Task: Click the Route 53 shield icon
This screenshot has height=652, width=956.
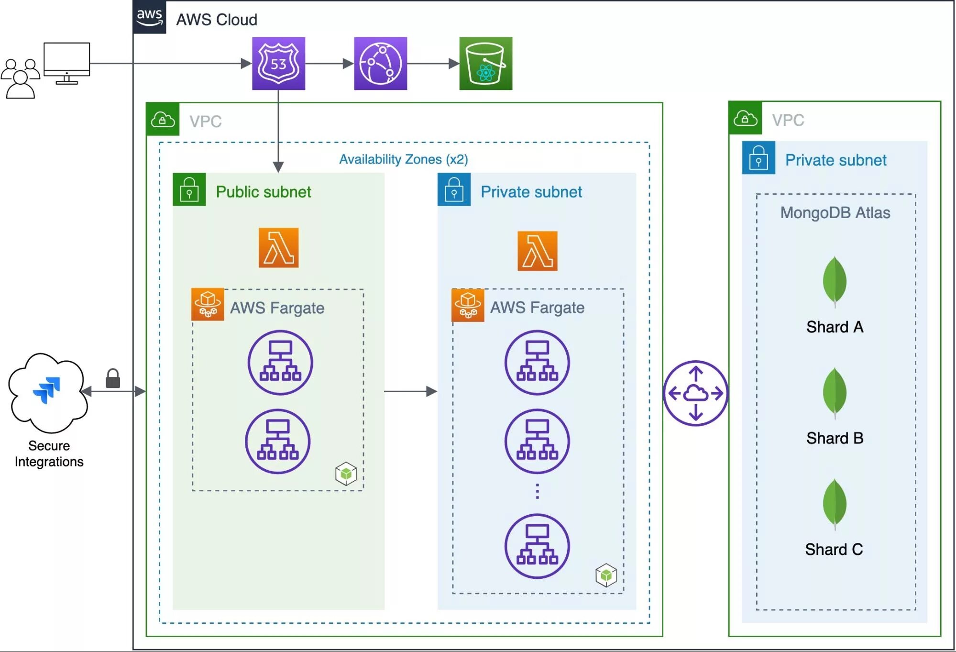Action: tap(278, 64)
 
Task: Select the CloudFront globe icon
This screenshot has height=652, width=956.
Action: tap(380, 64)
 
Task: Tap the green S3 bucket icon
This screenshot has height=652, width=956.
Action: tap(485, 64)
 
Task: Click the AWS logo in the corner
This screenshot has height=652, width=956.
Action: tap(150, 17)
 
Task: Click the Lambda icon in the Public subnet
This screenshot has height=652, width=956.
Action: tap(278, 247)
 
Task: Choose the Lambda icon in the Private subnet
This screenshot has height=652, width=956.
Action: tap(537, 251)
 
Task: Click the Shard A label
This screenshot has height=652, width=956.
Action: tap(835, 327)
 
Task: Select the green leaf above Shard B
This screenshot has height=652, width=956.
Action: tap(835, 392)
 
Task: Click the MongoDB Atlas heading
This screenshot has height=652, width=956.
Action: tap(835, 212)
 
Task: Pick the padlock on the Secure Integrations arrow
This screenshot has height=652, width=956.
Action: tap(113, 378)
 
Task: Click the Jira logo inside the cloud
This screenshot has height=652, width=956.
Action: tap(47, 390)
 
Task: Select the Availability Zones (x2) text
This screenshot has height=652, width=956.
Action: tap(403, 159)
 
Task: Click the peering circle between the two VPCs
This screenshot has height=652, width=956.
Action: tap(695, 393)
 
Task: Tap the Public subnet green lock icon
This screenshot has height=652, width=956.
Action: tap(189, 189)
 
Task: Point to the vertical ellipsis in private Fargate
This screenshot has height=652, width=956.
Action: tap(537, 491)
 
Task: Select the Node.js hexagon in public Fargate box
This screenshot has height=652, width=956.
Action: tap(346, 474)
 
